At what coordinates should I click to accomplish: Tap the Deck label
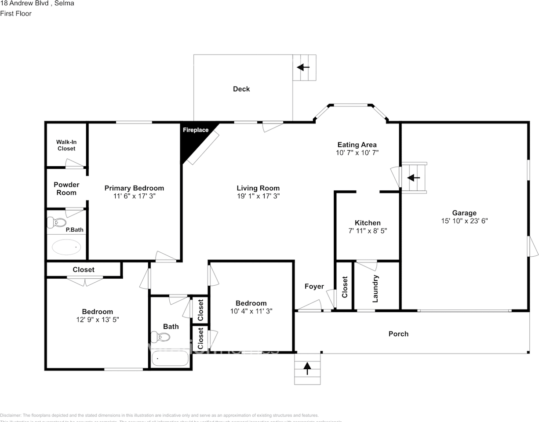tap(241, 89)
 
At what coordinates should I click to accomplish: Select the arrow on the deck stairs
tap(303, 67)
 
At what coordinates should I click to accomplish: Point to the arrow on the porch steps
tap(307, 368)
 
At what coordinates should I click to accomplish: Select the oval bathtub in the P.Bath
tap(66, 247)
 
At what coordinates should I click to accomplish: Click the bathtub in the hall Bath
tap(170, 359)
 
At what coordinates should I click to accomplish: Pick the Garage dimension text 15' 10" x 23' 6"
tap(464, 221)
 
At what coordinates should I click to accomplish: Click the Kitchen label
tap(368, 223)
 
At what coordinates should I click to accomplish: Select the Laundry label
tap(375, 289)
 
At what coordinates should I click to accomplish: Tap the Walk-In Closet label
tap(66, 145)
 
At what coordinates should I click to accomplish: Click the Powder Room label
tap(66, 189)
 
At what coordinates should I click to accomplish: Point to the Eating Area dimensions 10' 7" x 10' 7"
tap(357, 153)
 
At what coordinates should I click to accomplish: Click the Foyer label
tap(314, 287)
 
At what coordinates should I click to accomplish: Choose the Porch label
tap(398, 334)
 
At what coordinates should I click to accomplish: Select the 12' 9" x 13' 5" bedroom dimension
tap(97, 320)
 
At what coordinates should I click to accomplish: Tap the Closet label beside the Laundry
tap(345, 287)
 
